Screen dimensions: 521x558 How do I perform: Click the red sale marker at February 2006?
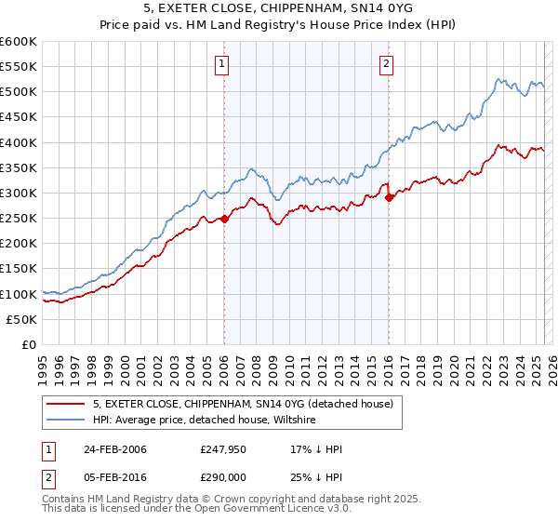tap(224, 220)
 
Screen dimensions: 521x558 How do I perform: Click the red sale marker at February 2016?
tap(389, 198)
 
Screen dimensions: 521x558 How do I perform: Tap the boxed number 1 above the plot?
tap(223, 64)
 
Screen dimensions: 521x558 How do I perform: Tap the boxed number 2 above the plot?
tap(386, 64)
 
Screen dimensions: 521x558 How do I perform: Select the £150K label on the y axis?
tap(19, 269)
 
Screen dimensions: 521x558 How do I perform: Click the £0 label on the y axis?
tap(28, 344)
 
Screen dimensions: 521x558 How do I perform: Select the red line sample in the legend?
tap(66, 404)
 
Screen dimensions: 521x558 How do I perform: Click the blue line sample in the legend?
tap(66, 421)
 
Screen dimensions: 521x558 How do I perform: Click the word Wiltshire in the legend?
tap(291, 421)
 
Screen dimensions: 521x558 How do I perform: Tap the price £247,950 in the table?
tap(220, 449)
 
